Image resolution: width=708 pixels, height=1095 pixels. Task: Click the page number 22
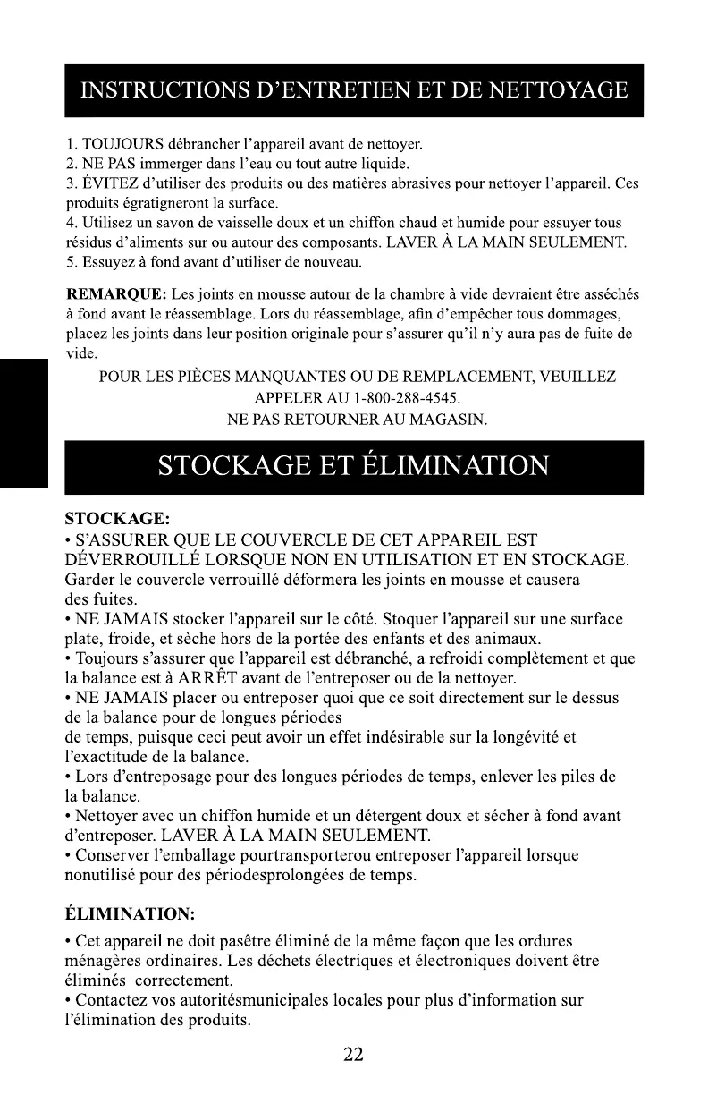click(x=354, y=1055)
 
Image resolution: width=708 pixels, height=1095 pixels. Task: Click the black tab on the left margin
click(x=23, y=420)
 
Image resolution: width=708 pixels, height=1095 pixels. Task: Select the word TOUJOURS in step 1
click(x=120, y=143)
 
